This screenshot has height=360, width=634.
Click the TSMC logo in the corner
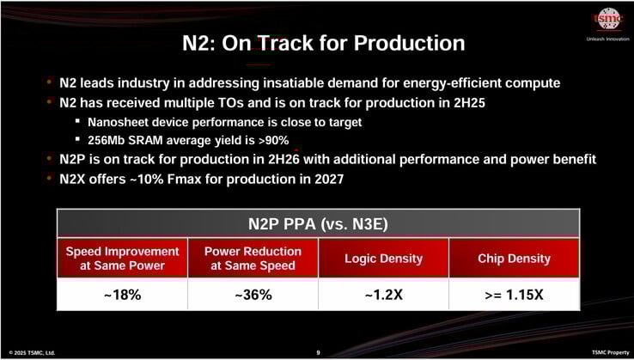[607, 19]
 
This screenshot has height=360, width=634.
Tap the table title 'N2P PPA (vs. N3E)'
[318, 224]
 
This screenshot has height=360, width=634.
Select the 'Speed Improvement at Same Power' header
[122, 259]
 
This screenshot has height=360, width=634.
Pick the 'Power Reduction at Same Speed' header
[253, 259]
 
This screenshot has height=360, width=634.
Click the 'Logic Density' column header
[383, 259]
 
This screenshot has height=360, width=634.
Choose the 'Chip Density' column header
[514, 259]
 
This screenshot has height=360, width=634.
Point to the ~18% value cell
[122, 295]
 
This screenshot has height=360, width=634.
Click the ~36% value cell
[253, 295]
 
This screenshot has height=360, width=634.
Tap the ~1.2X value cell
[383, 295]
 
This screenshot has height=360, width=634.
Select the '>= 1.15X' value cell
[514, 295]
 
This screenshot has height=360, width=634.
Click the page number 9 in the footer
[318, 352]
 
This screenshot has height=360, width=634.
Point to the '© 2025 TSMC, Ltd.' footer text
[32, 352]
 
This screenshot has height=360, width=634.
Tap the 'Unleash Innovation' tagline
[607, 39]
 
